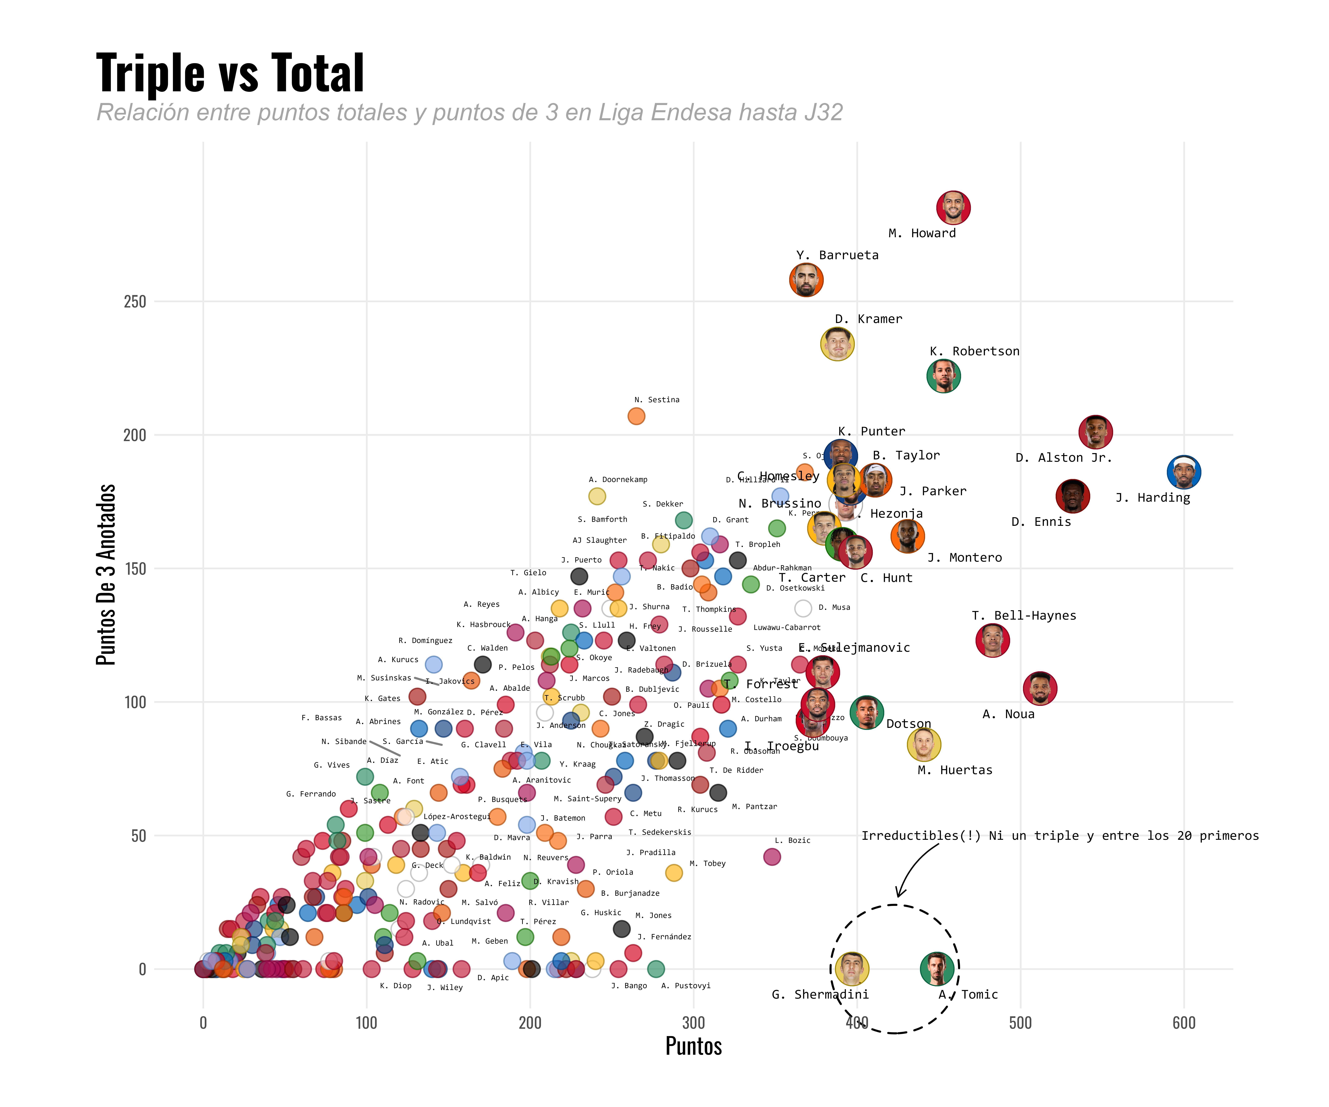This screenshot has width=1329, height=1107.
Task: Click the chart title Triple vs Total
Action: [x=230, y=73]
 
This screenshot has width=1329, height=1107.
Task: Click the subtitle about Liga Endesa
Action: [x=470, y=113]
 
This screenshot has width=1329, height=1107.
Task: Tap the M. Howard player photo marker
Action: [x=953, y=207]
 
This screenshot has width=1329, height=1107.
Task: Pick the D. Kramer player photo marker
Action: [x=837, y=344]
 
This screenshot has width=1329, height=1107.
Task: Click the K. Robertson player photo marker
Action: [x=943, y=376]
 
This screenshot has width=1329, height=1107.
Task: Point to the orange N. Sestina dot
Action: [x=636, y=416]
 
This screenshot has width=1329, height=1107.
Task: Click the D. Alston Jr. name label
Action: [x=1063, y=457]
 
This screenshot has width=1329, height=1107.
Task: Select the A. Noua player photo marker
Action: [x=1040, y=688]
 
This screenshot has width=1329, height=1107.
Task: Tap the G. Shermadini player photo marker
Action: [x=852, y=968]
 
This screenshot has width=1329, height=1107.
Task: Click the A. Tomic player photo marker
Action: [x=937, y=968]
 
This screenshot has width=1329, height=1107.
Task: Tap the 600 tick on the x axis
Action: [x=1183, y=1023]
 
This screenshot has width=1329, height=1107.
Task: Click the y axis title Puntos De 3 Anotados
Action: [x=106, y=574]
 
